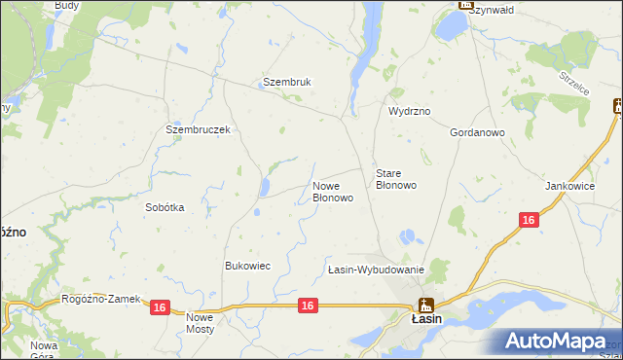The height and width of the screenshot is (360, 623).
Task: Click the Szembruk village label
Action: click(x=287, y=83)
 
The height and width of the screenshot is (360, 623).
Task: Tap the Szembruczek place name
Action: click(x=198, y=129)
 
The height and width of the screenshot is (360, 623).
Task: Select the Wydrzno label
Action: click(x=409, y=112)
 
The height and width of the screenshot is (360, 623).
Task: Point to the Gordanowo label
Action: click(x=476, y=132)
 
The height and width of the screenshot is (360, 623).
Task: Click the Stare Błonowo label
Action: click(x=396, y=179)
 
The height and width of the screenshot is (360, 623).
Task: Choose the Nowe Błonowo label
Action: click(x=332, y=192)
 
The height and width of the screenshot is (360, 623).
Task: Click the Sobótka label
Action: click(x=165, y=207)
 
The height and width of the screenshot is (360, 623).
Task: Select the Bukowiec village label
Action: click(x=247, y=266)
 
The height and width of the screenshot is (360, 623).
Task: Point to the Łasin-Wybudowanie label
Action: click(x=376, y=270)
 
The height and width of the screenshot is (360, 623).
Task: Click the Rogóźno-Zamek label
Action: click(x=101, y=299)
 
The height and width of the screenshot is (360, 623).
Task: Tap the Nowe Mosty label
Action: click(x=200, y=323)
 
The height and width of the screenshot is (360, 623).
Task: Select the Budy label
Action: click(x=67, y=5)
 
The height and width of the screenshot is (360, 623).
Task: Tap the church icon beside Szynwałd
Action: click(x=465, y=5)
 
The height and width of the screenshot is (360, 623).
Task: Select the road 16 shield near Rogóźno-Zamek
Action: click(x=161, y=307)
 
